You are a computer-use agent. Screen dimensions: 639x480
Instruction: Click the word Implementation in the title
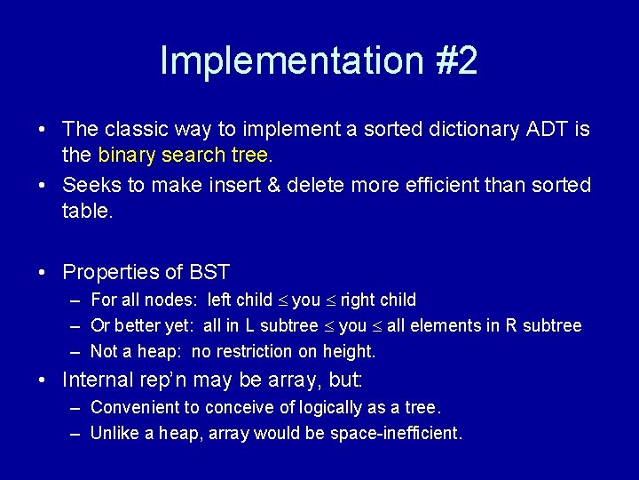click(292, 61)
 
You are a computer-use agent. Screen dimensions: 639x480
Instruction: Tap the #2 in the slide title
click(456, 60)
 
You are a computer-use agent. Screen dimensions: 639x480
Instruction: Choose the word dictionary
click(474, 130)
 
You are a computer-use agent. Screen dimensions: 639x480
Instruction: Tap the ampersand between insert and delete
click(274, 185)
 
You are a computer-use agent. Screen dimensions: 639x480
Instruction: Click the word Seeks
click(91, 185)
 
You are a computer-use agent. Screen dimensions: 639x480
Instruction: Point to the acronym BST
click(209, 272)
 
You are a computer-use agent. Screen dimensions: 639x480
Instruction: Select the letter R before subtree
click(511, 325)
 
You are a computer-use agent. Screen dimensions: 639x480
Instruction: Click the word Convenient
click(145, 407)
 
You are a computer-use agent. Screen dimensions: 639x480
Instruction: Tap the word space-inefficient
click(396, 434)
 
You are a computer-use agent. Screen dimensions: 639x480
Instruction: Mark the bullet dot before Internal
click(42, 380)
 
